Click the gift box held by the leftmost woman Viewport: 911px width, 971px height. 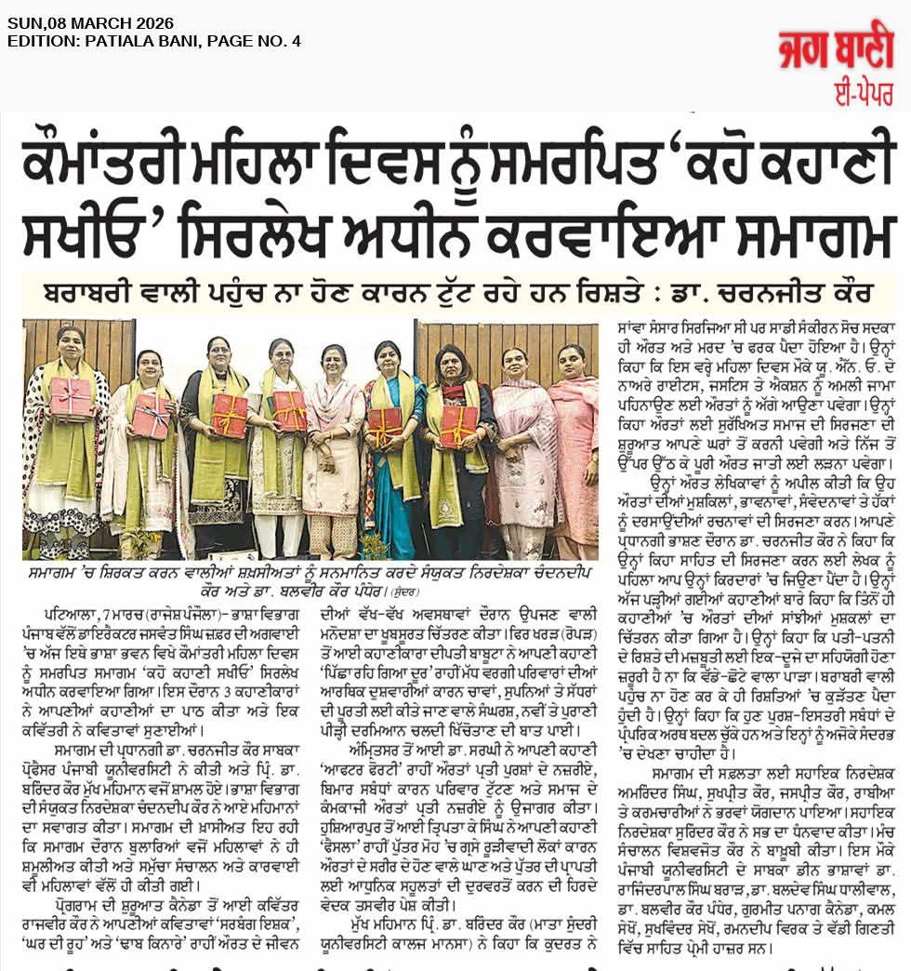71,397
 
